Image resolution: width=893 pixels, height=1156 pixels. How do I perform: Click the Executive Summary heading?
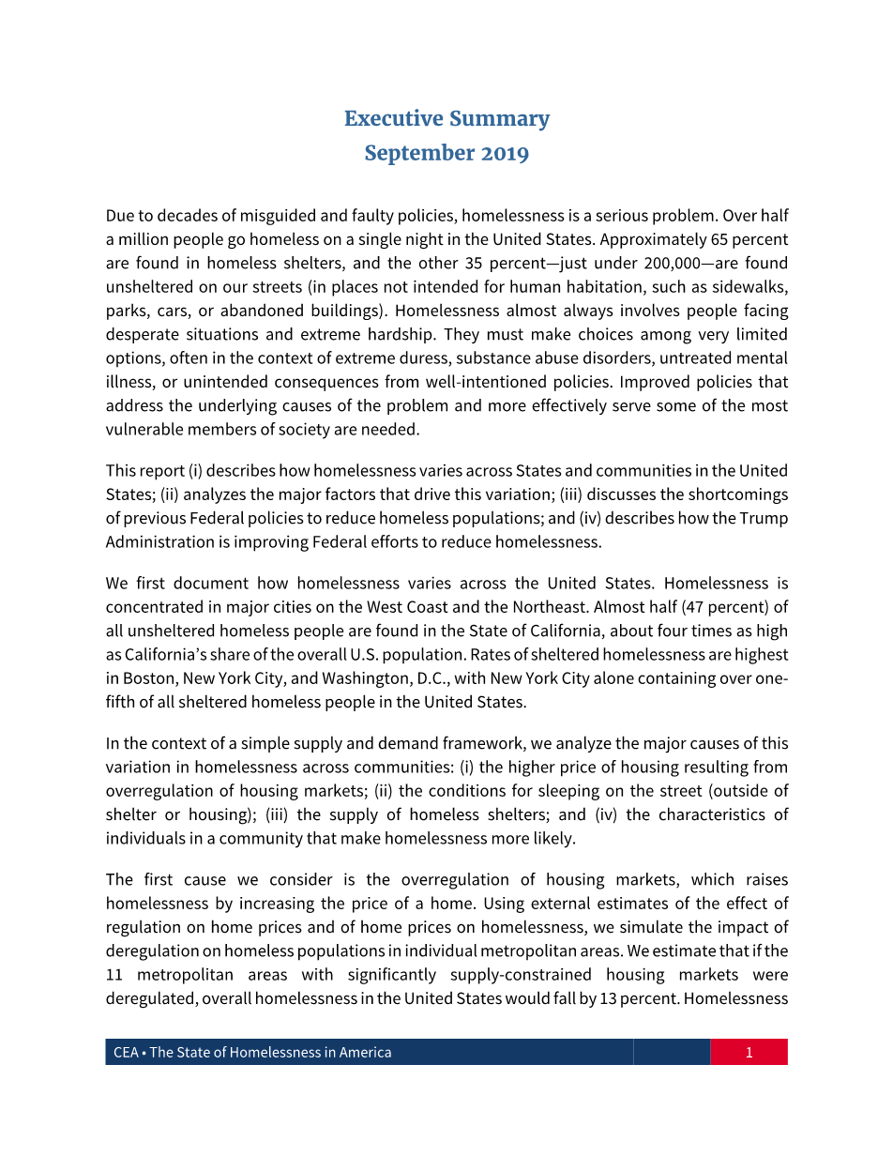446,119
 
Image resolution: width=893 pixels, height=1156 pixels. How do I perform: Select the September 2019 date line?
446,153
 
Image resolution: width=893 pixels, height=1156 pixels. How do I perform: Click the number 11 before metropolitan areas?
114,975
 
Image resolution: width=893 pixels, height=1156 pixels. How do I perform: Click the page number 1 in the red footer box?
749,1053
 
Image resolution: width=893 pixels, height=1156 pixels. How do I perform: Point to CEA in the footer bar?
126,1053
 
